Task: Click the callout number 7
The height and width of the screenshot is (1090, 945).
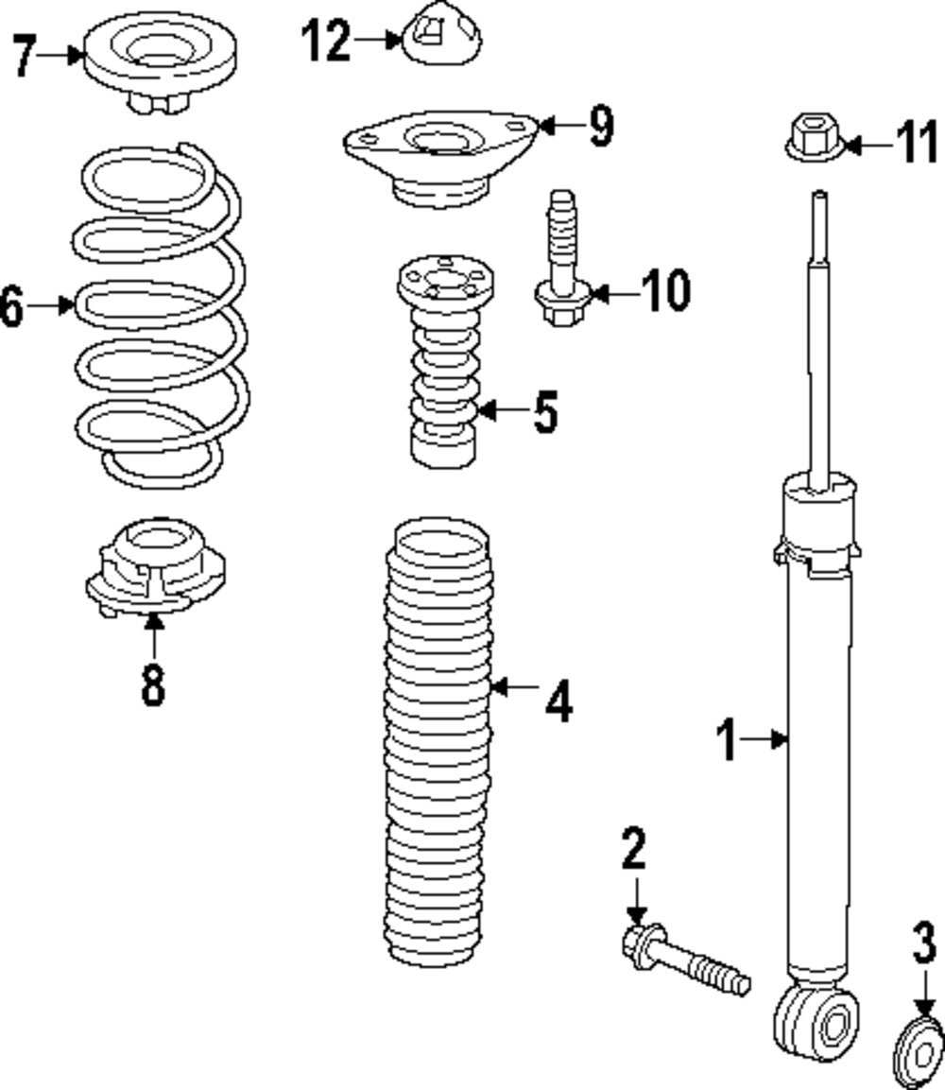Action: pyautogui.click(x=26, y=56)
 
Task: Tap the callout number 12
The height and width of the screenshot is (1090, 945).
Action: pyautogui.click(x=326, y=41)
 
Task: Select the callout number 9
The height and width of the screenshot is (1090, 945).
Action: pyautogui.click(x=600, y=126)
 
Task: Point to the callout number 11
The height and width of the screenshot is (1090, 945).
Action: pyautogui.click(x=916, y=145)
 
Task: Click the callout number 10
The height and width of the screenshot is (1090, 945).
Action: pyautogui.click(x=665, y=291)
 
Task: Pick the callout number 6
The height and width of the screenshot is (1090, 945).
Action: pyautogui.click(x=12, y=305)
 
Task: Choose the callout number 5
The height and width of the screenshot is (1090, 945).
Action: pyautogui.click(x=545, y=411)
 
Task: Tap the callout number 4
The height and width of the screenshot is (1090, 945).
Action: pyautogui.click(x=558, y=701)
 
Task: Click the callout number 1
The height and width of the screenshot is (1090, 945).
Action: pyautogui.click(x=728, y=740)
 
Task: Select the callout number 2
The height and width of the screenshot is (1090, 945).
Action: pyautogui.click(x=634, y=849)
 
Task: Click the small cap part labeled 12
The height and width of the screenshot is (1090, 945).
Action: pyautogui.click(x=442, y=40)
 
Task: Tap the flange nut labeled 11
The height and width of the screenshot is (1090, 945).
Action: pyautogui.click(x=813, y=141)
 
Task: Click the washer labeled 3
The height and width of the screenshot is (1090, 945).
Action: pyautogui.click(x=919, y=1053)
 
